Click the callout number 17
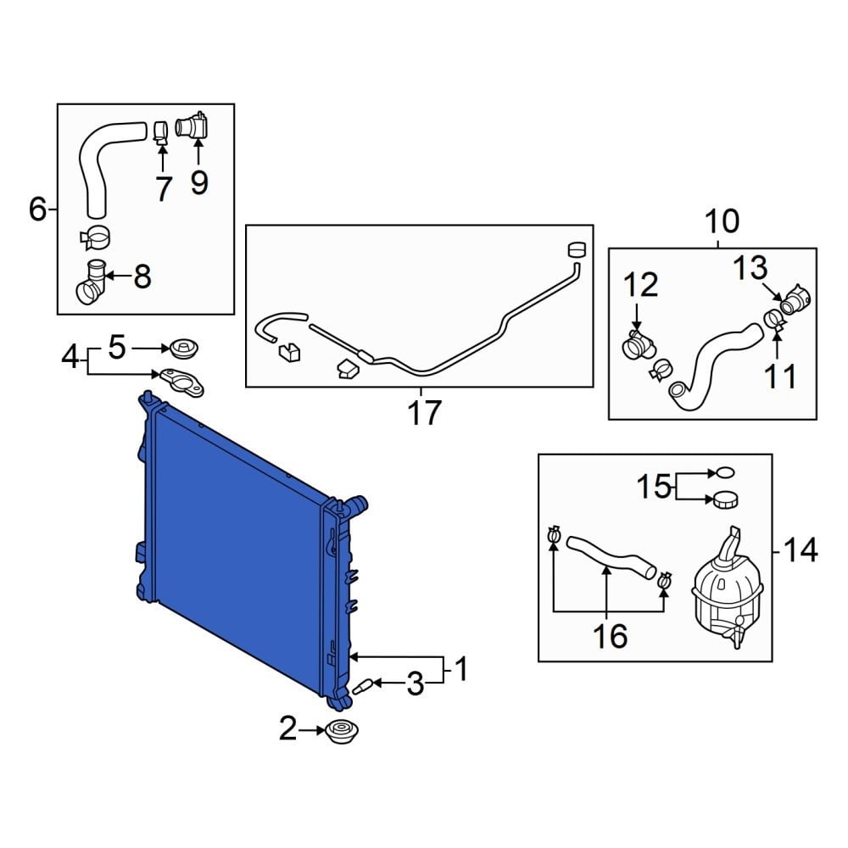click(424, 413)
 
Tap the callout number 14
click(800, 550)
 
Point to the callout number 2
click(288, 728)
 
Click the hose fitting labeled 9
click(194, 127)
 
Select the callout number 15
click(654, 487)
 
